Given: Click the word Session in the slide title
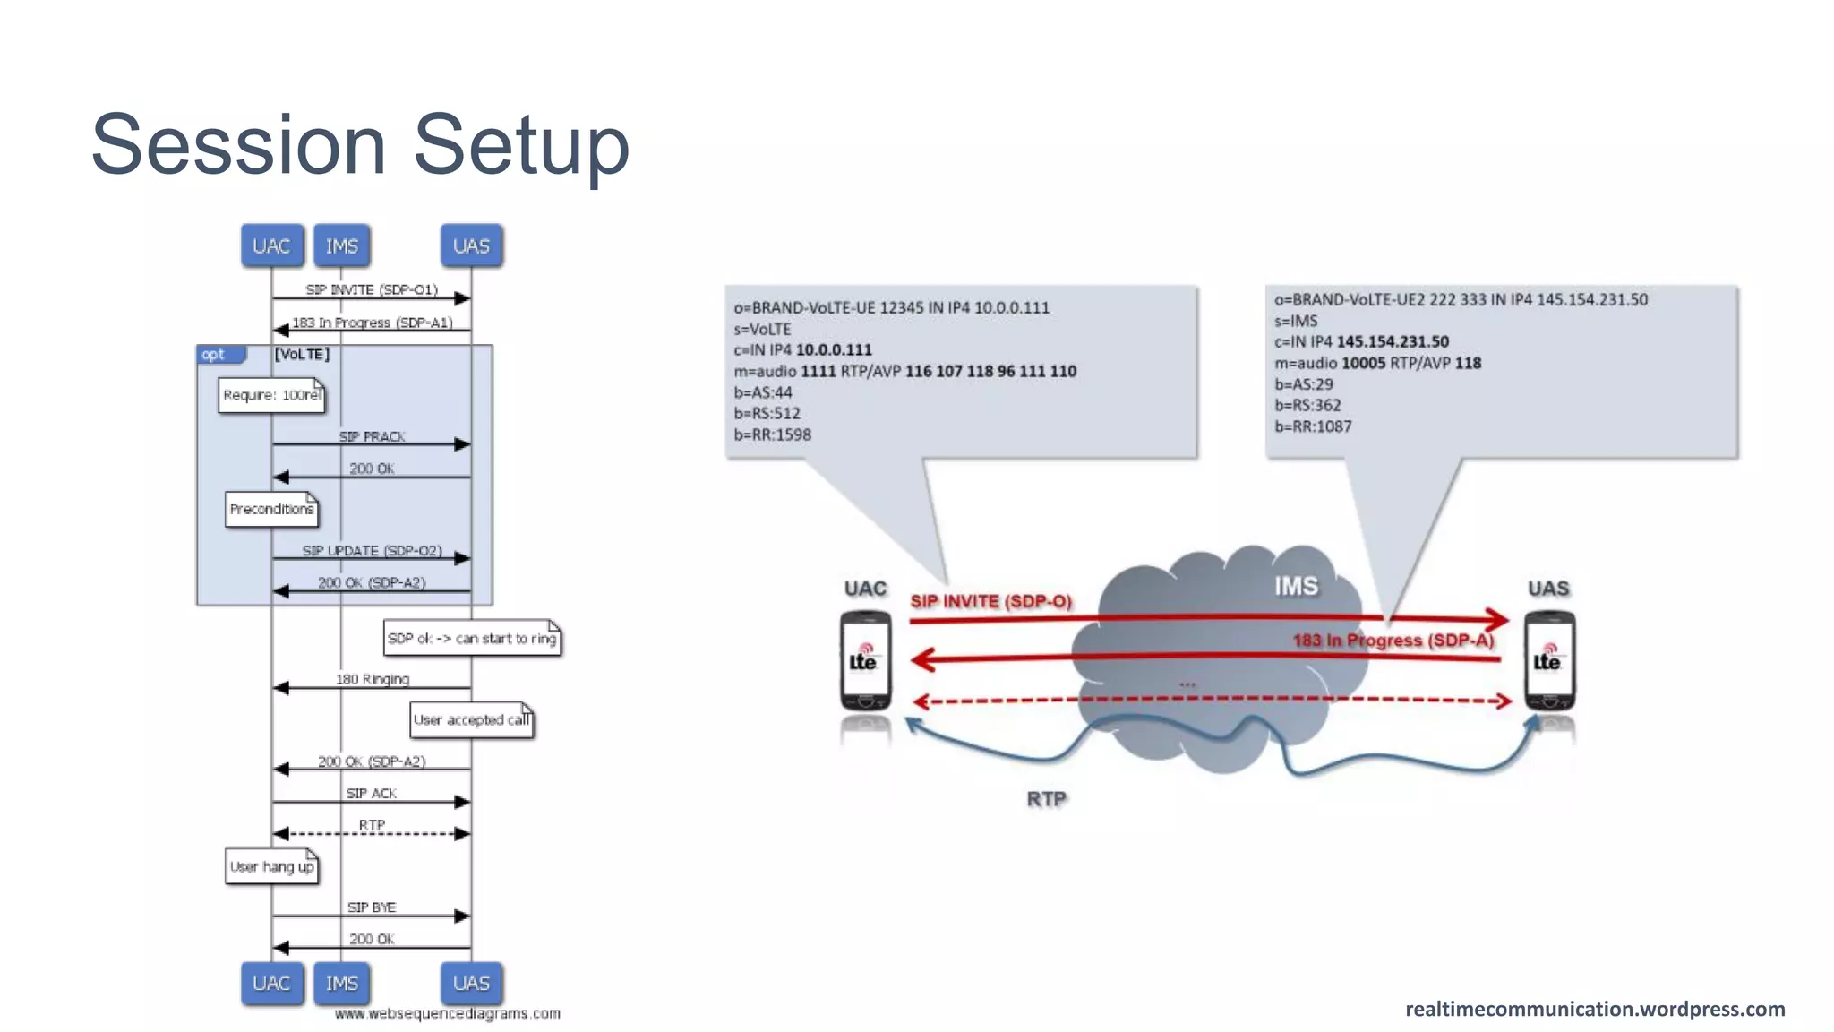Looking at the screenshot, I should [238, 145].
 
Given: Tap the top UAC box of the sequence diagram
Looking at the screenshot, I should [271, 245].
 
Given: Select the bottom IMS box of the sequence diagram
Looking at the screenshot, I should [341, 983].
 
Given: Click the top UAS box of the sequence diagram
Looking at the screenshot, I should [471, 245].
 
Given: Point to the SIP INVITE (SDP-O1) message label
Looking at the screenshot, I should [372, 289].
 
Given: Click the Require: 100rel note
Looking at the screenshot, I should [271, 395].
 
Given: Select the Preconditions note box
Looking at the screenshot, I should [271, 509].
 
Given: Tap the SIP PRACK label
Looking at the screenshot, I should [372, 436].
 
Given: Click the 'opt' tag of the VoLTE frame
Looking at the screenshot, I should [215, 355].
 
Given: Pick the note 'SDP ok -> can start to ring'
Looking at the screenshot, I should [472, 638].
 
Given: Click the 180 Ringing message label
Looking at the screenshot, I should [372, 679].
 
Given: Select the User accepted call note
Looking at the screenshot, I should [471, 720].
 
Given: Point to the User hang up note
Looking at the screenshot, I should [271, 866].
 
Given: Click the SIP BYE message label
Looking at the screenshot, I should [372, 907].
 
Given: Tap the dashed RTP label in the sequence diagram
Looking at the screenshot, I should [372, 824].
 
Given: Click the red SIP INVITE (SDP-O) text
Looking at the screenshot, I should [990, 601].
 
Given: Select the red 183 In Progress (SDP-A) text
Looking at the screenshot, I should [1393, 640].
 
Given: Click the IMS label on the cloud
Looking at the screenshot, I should [1296, 586].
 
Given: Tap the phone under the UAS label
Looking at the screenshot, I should [1548, 661].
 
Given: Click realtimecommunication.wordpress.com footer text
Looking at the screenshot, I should [1594, 1009].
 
